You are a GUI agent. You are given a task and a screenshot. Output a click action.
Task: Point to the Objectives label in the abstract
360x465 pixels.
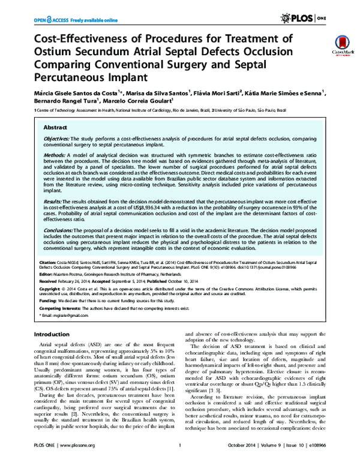56,138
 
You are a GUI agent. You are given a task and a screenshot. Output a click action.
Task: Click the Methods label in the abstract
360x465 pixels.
54,155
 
